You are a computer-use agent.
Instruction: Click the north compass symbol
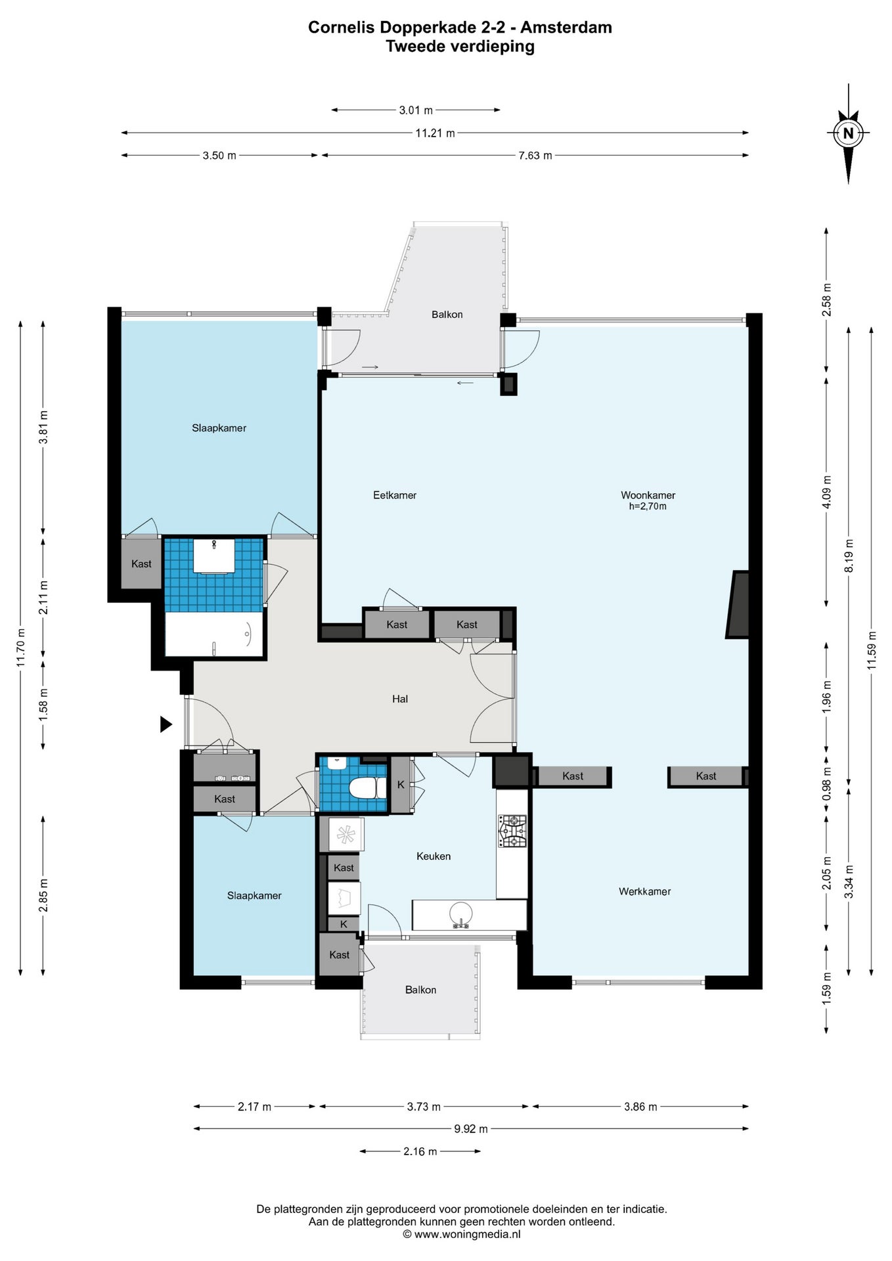[x=848, y=133]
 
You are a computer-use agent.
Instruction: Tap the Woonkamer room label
[x=648, y=495]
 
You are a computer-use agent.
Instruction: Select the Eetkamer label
[x=395, y=495]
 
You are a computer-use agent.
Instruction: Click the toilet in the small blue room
[x=367, y=787]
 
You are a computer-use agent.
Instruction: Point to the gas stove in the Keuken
[x=512, y=831]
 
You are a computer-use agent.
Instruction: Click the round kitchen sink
[x=460, y=914]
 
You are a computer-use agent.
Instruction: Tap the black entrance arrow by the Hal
[x=166, y=724]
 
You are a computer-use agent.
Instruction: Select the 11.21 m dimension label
[x=435, y=133]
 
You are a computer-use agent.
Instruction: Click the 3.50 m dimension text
[x=219, y=156]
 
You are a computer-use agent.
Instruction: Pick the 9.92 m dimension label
[x=471, y=1129]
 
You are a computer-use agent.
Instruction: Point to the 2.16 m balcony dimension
[x=420, y=1151]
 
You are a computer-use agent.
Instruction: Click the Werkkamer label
[x=644, y=891]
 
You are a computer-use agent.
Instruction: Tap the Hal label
[x=400, y=699]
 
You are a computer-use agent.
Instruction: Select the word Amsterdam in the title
[x=566, y=28]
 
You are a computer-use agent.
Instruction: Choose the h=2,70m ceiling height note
[x=648, y=506]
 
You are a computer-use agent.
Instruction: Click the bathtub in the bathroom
[x=214, y=634]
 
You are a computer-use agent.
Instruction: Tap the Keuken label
[x=434, y=856]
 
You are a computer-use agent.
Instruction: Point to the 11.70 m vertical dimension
[x=21, y=648]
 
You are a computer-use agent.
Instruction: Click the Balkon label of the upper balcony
[x=447, y=315]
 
